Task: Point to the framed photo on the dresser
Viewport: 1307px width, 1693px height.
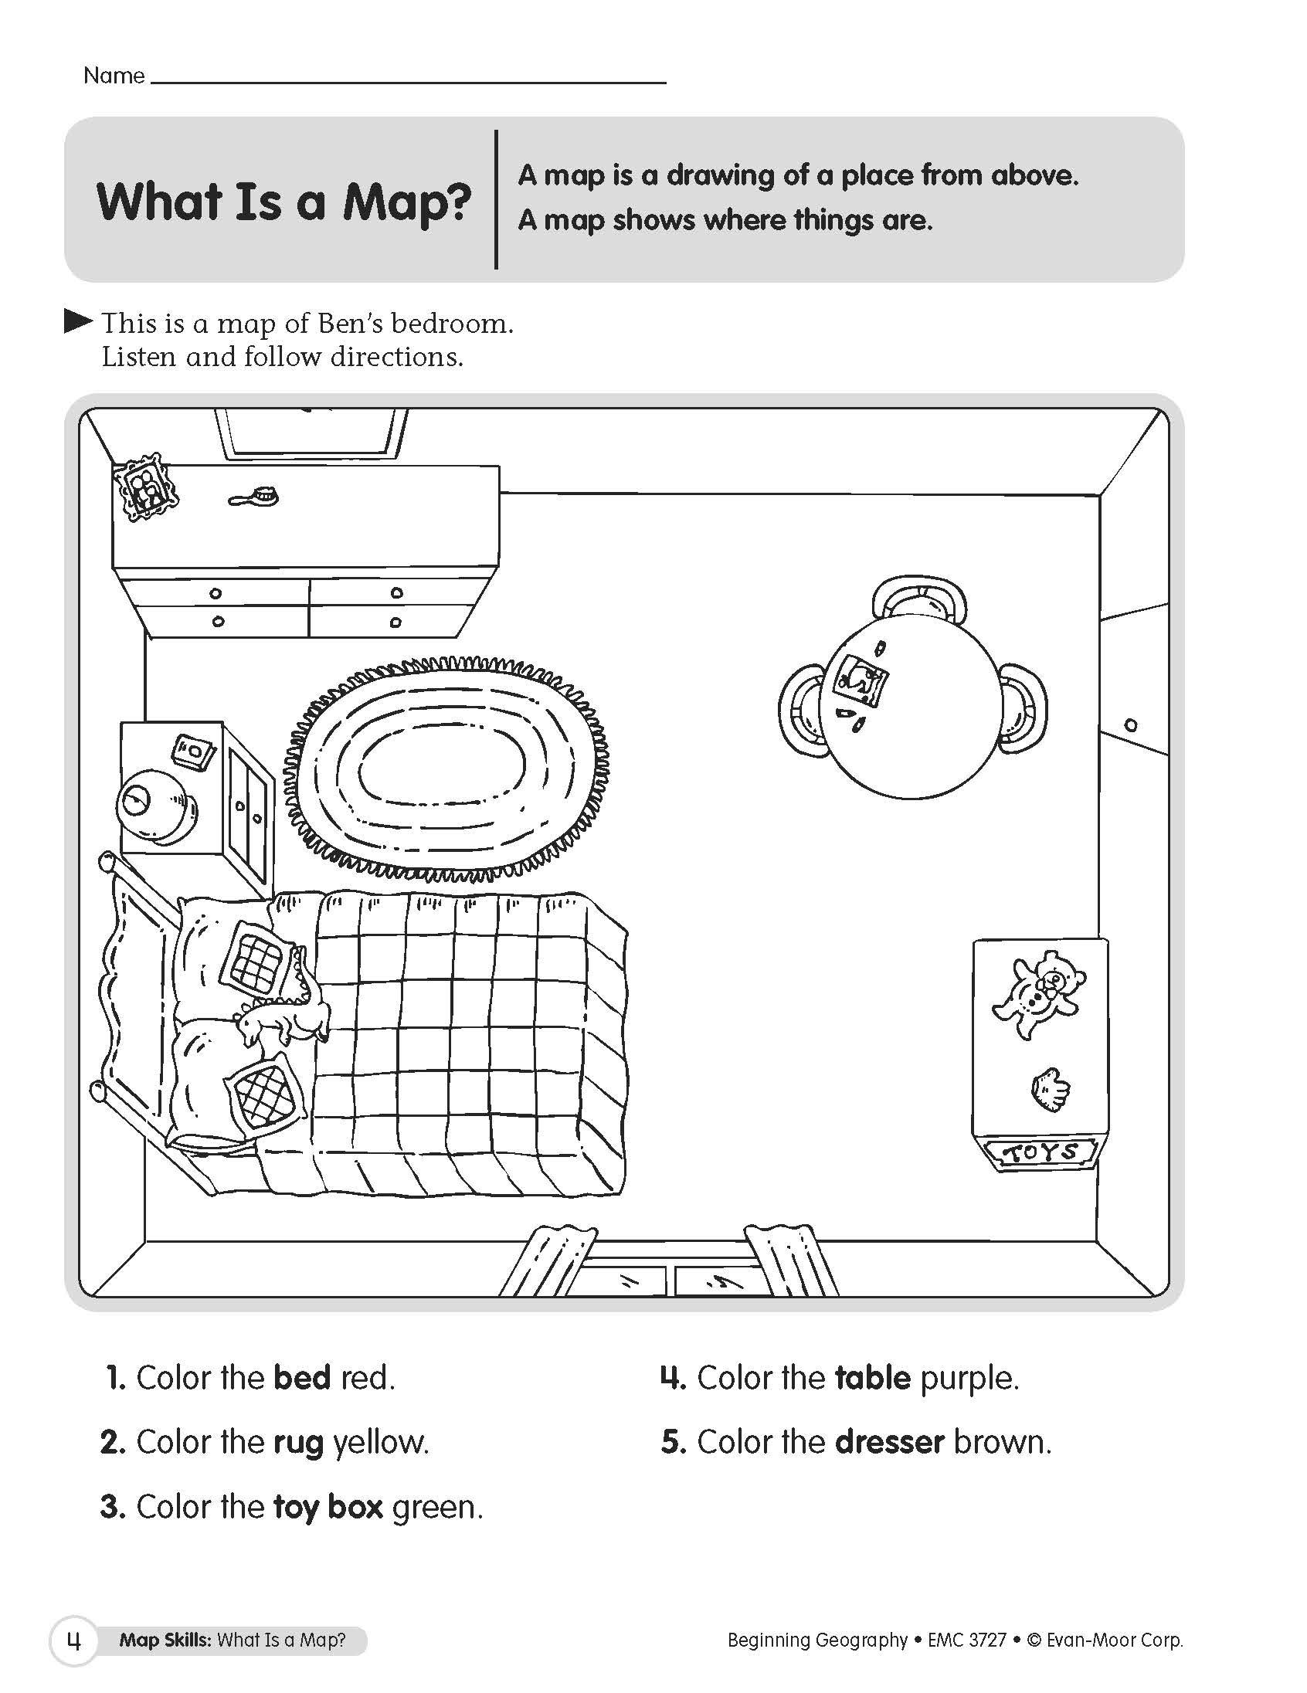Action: click(x=146, y=487)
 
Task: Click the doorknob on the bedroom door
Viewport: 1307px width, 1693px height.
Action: click(x=1130, y=725)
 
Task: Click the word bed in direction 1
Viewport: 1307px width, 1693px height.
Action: click(x=302, y=1378)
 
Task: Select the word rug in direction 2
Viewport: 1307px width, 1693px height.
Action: click(x=298, y=1443)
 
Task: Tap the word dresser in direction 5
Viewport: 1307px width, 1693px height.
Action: click(x=890, y=1442)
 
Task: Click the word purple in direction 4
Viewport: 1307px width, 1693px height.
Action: click(x=968, y=1379)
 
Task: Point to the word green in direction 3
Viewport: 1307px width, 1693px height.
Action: click(x=436, y=1507)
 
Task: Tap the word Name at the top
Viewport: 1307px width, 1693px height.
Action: click(x=114, y=76)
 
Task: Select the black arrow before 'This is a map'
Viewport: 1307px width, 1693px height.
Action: click(x=77, y=322)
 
